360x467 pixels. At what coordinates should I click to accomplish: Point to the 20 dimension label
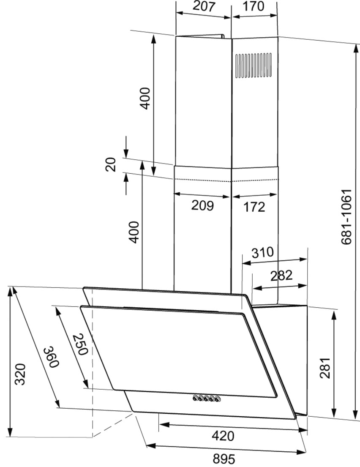click(x=111, y=164)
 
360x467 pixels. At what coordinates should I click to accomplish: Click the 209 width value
click(x=202, y=205)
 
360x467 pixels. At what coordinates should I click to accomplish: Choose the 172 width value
click(x=254, y=207)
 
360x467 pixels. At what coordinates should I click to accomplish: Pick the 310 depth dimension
click(x=262, y=252)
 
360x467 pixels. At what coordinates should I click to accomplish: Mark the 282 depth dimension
click(x=281, y=276)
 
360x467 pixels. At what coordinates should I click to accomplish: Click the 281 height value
click(x=325, y=368)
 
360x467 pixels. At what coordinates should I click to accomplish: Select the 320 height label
click(x=21, y=374)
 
